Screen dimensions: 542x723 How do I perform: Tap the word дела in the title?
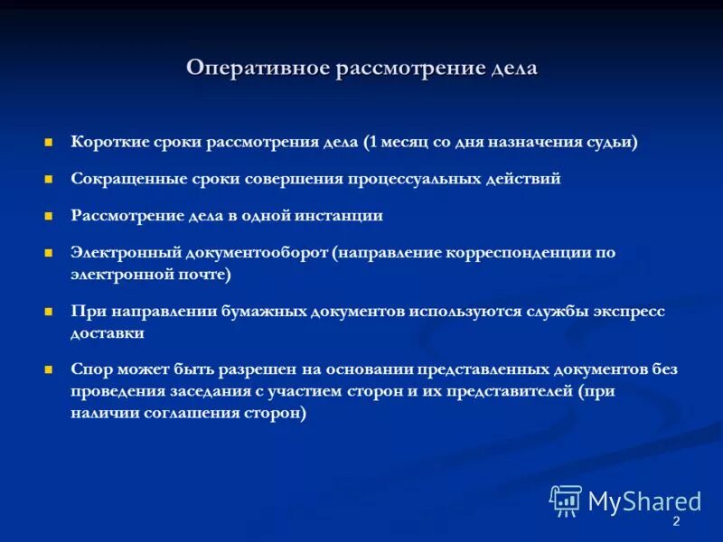pyautogui.click(x=514, y=69)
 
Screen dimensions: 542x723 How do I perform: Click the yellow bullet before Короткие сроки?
pyautogui.click(x=50, y=143)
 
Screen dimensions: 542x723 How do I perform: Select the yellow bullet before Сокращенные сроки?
pyautogui.click(x=50, y=180)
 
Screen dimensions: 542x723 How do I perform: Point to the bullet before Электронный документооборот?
pyautogui.click(x=50, y=254)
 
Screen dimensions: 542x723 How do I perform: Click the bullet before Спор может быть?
pyautogui.click(x=50, y=370)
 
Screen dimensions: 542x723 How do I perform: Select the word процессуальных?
pyautogui.click(x=410, y=179)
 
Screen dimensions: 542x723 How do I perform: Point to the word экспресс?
pyautogui.click(x=628, y=311)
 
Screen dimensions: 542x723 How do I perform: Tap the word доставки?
pyautogui.click(x=108, y=332)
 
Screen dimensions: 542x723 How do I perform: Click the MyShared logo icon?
pyautogui.click(x=566, y=500)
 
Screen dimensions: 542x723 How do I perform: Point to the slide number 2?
pyautogui.click(x=676, y=524)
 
